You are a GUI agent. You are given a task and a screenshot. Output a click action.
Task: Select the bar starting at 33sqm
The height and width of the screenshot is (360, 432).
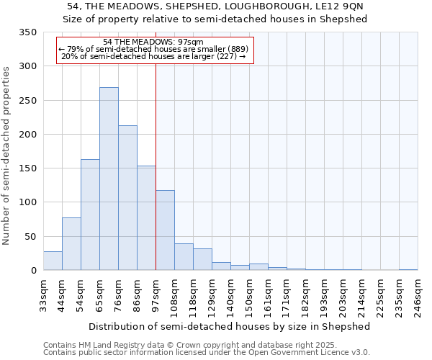pyautogui.click(x=53, y=261)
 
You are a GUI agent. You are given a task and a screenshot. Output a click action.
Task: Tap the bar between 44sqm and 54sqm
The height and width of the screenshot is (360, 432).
pyautogui.click(x=71, y=244)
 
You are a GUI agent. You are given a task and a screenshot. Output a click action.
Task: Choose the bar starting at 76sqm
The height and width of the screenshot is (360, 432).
pyautogui.click(x=127, y=198)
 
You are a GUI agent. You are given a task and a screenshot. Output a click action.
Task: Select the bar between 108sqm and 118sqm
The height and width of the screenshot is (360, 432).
pyautogui.click(x=184, y=257)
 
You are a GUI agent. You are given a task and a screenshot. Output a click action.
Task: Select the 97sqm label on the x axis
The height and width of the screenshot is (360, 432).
pyautogui.click(x=156, y=295)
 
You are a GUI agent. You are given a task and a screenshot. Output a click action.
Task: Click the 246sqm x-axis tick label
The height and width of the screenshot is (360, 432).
pyautogui.click(x=418, y=296)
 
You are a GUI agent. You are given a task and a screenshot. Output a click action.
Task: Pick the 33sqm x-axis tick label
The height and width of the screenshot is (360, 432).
pyautogui.click(x=43, y=295)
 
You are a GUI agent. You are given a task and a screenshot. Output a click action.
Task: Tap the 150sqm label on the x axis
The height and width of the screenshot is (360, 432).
pyautogui.click(x=249, y=296)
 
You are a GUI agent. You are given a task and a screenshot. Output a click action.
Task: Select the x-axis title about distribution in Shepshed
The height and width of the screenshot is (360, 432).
pyautogui.click(x=230, y=326)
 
